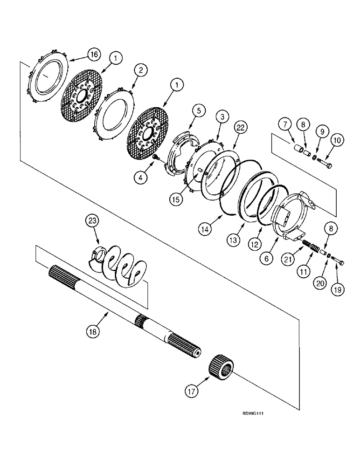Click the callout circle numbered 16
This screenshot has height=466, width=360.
(x=94, y=55)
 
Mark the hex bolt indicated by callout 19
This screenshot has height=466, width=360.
(x=340, y=263)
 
